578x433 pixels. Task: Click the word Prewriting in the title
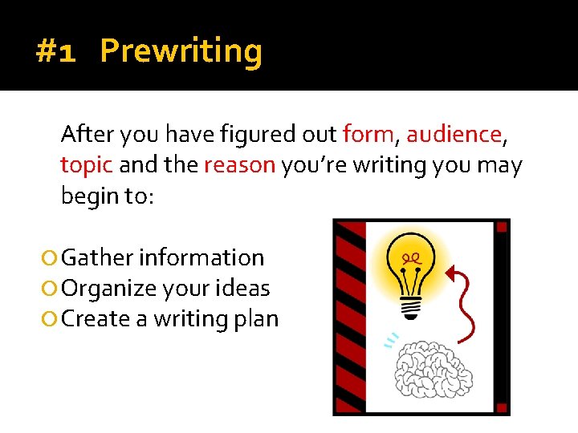(x=181, y=52)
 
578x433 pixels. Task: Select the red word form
(x=368, y=134)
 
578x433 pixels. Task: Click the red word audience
(x=454, y=134)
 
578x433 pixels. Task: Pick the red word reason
(x=240, y=165)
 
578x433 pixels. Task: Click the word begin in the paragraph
(x=90, y=196)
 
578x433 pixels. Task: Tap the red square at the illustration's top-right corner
(x=503, y=227)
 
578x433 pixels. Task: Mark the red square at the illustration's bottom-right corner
(x=503, y=407)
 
